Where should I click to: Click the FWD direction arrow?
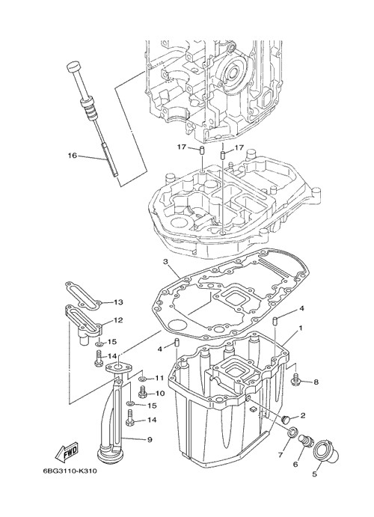tap(67, 451)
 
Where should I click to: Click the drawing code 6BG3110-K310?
tap(70, 471)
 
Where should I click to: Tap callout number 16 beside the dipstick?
tap(72, 155)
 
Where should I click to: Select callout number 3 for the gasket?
tap(166, 262)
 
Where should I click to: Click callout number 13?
tap(118, 302)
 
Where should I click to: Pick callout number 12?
tap(118, 319)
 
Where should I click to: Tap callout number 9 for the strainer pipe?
tap(150, 439)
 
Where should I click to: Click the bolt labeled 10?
tap(143, 392)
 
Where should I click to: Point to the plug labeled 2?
tap(286, 420)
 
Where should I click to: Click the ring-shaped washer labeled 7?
tap(292, 432)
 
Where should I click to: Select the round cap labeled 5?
tap(325, 453)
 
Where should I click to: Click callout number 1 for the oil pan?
tap(301, 328)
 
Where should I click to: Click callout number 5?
tap(315, 474)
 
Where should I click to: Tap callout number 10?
tap(160, 394)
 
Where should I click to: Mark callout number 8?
tap(316, 382)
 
